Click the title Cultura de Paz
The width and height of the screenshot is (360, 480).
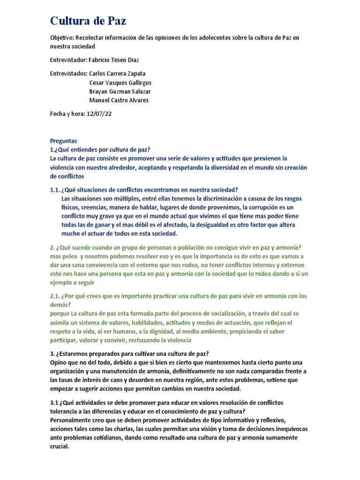(x=88, y=21)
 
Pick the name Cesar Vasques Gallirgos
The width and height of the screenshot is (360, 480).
(x=120, y=82)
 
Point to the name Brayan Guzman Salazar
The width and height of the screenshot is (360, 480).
(x=120, y=91)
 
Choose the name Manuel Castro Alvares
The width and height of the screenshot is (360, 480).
(x=120, y=100)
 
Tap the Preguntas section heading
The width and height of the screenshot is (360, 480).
(x=63, y=141)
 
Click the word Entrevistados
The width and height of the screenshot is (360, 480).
(x=68, y=74)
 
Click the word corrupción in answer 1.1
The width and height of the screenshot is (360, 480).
(x=267, y=207)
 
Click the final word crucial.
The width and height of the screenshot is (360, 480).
(x=59, y=446)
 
